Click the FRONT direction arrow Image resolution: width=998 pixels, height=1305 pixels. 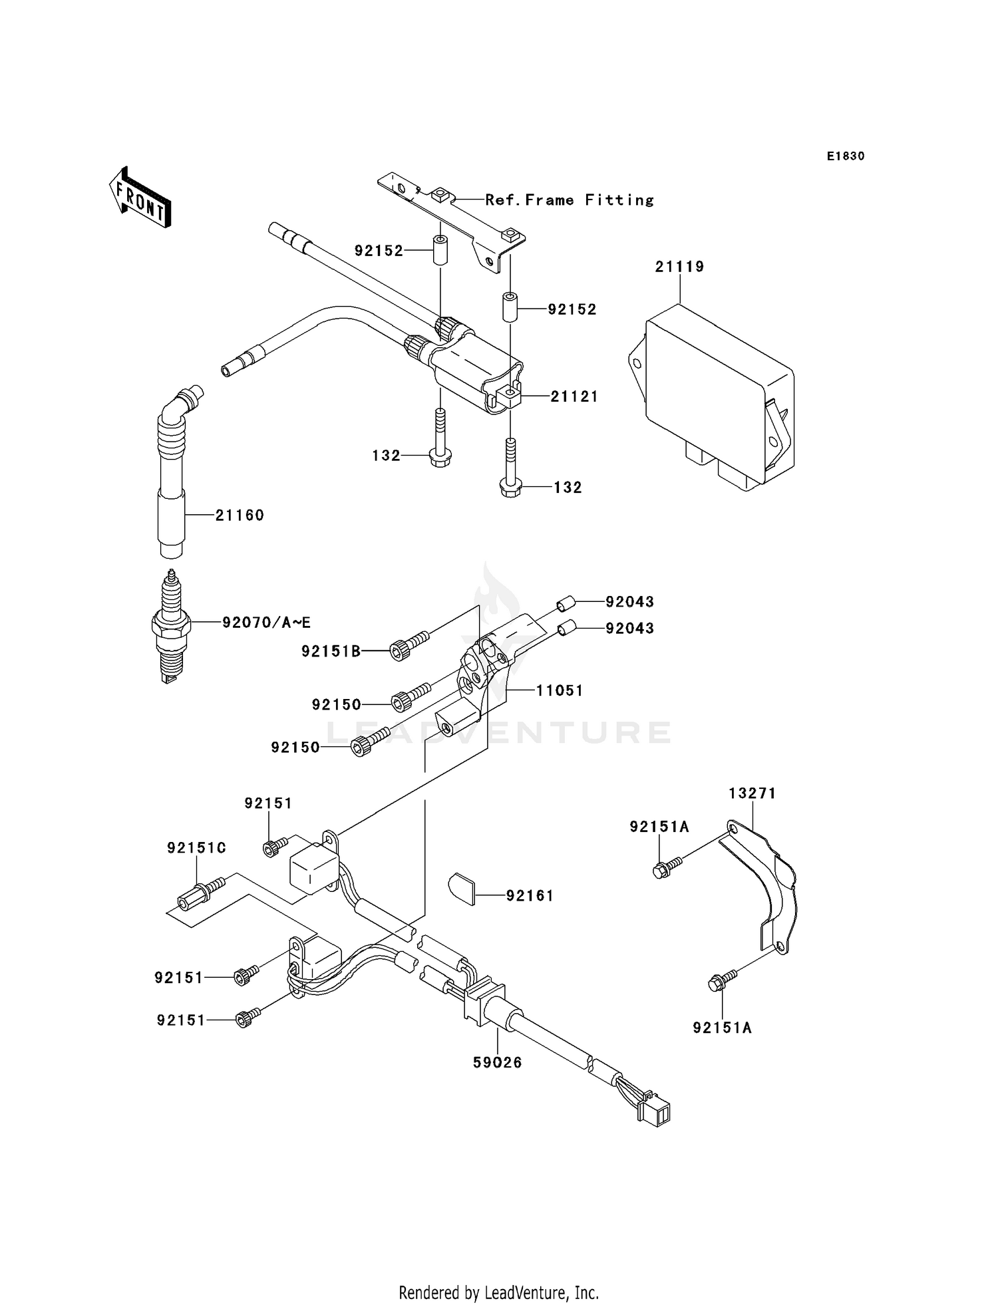[140, 198]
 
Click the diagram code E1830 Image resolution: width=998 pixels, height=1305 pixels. [845, 156]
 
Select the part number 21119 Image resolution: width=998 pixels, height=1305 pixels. [679, 267]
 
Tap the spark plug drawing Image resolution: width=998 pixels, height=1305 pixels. [172, 628]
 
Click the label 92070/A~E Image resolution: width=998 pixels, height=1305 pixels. [266, 623]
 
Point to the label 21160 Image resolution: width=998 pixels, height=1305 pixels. [240, 515]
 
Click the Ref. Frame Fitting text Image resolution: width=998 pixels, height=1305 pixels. [569, 200]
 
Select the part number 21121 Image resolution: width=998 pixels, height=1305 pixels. [574, 396]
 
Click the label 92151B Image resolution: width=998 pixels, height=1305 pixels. [331, 651]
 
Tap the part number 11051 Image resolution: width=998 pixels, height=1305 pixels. [560, 690]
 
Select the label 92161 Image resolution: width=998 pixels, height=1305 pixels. [530, 896]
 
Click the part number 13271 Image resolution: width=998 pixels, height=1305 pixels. [752, 793]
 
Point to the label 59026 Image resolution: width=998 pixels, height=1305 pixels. [497, 1063]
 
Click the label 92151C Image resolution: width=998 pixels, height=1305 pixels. [196, 848]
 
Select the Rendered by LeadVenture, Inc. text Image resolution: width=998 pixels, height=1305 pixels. [498, 1292]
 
